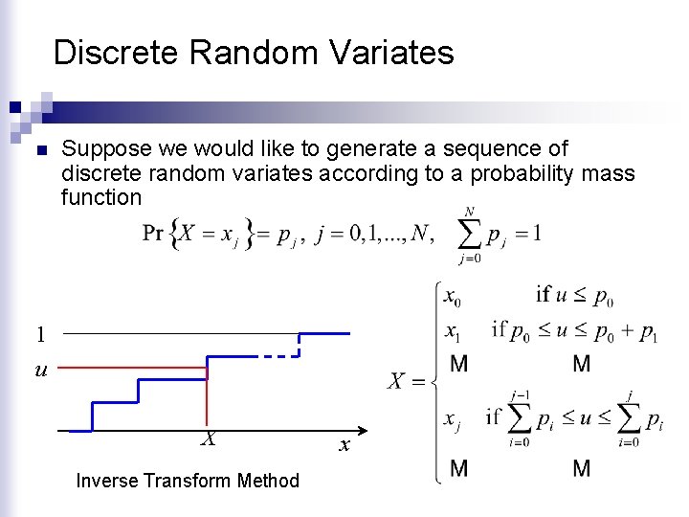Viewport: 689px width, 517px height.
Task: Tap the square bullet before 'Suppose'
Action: tap(39, 151)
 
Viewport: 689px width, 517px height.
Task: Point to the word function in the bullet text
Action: tap(101, 197)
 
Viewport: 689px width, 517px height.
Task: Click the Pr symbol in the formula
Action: tap(153, 233)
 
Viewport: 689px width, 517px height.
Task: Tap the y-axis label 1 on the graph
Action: tap(40, 334)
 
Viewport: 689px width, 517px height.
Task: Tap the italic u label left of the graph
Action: tap(40, 369)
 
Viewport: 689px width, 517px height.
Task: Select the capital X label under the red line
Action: tap(207, 439)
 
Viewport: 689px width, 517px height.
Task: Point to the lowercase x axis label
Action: tap(344, 446)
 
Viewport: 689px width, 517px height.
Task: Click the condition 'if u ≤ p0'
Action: tap(574, 296)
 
